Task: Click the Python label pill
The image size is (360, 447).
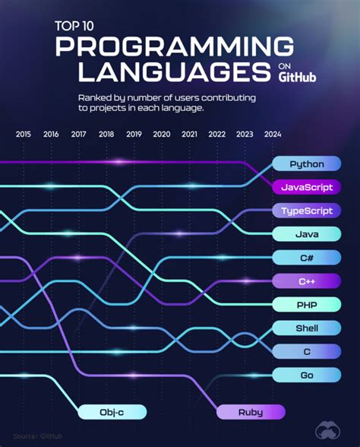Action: pyautogui.click(x=306, y=163)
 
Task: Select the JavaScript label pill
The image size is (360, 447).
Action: pyautogui.click(x=306, y=187)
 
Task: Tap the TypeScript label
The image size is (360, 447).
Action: pyautogui.click(x=306, y=211)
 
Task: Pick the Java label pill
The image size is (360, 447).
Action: pyautogui.click(x=306, y=234)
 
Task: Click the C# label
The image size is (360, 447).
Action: pyautogui.click(x=306, y=258)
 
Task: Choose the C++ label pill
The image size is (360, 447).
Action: pyautogui.click(x=306, y=281)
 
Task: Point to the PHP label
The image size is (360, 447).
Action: pyautogui.click(x=306, y=305)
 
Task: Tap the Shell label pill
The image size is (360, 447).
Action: pyautogui.click(x=306, y=328)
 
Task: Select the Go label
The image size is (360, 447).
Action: pyautogui.click(x=306, y=375)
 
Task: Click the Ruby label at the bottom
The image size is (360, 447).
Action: pyautogui.click(x=251, y=412)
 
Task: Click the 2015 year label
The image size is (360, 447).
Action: pyautogui.click(x=24, y=135)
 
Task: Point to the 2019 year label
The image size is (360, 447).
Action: pyautogui.click(x=134, y=135)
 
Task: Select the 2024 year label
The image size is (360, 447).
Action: pyautogui.click(x=272, y=135)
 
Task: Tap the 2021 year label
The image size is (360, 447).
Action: pyautogui.click(x=189, y=135)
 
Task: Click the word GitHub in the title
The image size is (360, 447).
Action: pyautogui.click(x=298, y=77)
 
